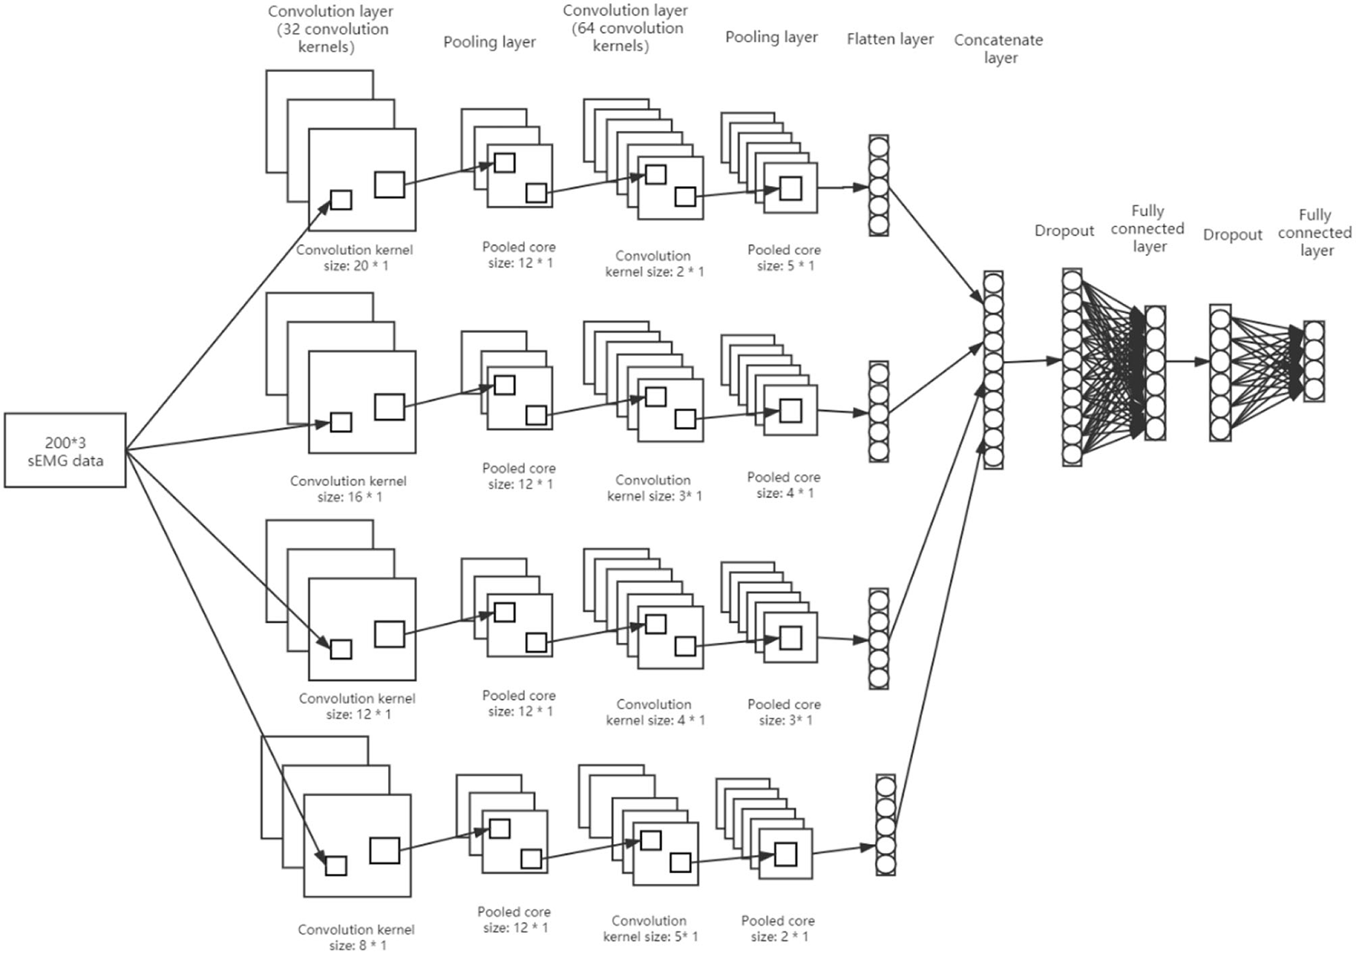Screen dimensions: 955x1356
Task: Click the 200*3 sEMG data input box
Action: click(65, 451)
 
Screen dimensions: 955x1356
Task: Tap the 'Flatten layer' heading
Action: click(890, 39)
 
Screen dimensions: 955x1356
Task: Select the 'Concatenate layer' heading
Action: click(999, 48)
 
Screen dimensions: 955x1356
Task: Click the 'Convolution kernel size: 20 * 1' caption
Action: click(354, 258)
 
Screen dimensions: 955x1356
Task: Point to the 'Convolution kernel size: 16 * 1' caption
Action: click(348, 489)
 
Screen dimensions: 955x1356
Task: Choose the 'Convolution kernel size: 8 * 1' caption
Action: click(356, 937)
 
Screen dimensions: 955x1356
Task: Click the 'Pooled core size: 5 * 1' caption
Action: click(784, 258)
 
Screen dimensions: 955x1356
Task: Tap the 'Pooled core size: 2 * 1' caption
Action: click(778, 928)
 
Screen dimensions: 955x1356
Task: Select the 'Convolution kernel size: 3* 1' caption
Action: click(654, 488)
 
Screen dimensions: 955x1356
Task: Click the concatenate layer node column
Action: click(993, 370)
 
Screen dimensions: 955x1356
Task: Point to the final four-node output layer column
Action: click(1314, 361)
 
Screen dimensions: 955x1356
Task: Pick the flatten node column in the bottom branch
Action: click(885, 825)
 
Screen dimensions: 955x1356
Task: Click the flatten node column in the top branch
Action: click(878, 186)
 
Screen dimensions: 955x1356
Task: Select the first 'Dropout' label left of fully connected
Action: click(1064, 230)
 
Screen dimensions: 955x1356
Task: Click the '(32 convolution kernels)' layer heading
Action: click(331, 29)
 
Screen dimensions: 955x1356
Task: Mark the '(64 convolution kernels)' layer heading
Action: click(625, 28)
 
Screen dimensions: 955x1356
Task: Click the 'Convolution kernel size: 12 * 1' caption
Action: click(357, 706)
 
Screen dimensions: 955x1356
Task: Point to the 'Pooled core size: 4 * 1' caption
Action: click(784, 485)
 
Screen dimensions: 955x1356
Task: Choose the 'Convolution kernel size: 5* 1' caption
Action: click(650, 928)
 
